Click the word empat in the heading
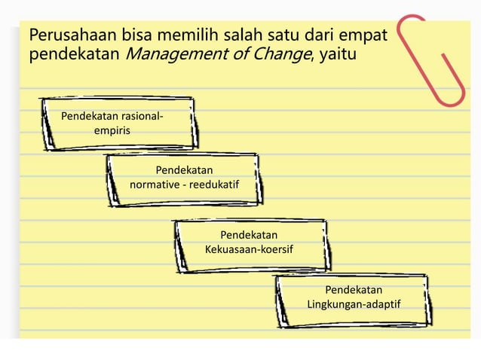pyautogui.click(x=366, y=35)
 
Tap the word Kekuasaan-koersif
pyautogui.click(x=249, y=249)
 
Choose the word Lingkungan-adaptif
pyautogui.click(x=354, y=304)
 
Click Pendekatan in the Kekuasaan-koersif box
pyautogui.click(x=249, y=235)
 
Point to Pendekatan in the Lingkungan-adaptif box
pyautogui.click(x=354, y=290)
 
